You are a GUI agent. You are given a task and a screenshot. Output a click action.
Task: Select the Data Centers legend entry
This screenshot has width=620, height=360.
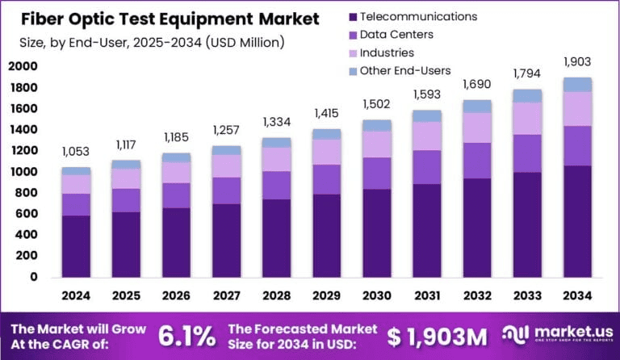click(396, 35)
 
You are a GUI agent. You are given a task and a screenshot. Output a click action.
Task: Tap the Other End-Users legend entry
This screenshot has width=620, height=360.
click(404, 71)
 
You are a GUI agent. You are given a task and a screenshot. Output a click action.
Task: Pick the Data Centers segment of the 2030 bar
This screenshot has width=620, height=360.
click(375, 173)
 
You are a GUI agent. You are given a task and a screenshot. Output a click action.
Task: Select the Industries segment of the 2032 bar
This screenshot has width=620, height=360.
click(476, 128)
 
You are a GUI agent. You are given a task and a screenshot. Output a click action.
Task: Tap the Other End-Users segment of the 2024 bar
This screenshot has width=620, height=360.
click(76, 171)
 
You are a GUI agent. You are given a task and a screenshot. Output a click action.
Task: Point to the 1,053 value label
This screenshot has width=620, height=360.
click(76, 153)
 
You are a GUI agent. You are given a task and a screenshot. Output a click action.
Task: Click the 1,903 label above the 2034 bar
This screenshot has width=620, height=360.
click(578, 62)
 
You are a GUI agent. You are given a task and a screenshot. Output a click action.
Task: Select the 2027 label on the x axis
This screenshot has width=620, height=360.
click(226, 295)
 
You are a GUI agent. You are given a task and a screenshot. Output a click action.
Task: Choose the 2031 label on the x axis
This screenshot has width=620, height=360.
click(426, 295)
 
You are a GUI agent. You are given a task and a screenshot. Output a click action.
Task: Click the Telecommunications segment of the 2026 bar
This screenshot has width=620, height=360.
click(176, 242)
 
